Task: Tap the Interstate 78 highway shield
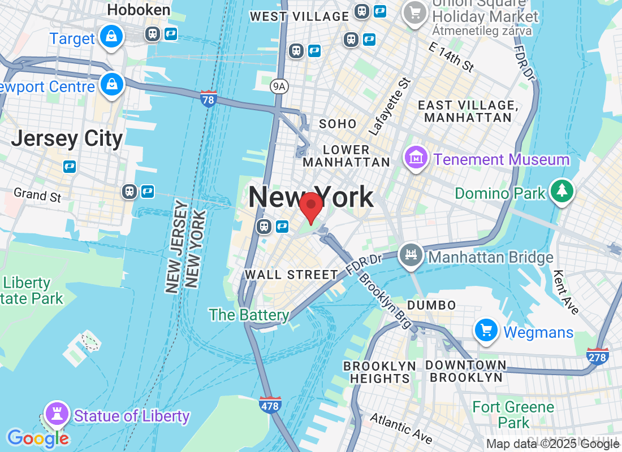click(208, 99)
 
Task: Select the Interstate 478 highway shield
click(270, 405)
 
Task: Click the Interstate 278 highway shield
click(598, 356)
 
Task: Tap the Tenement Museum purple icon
click(416, 158)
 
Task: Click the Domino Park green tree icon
click(561, 192)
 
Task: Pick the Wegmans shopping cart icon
click(486, 331)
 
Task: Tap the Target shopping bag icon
click(111, 37)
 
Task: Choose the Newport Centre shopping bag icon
click(111, 85)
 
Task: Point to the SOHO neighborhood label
click(338, 124)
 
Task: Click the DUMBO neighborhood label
click(431, 305)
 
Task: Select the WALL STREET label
click(291, 275)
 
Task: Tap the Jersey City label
click(67, 138)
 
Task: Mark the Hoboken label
click(139, 10)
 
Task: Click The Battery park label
click(249, 315)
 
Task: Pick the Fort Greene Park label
click(513, 415)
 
